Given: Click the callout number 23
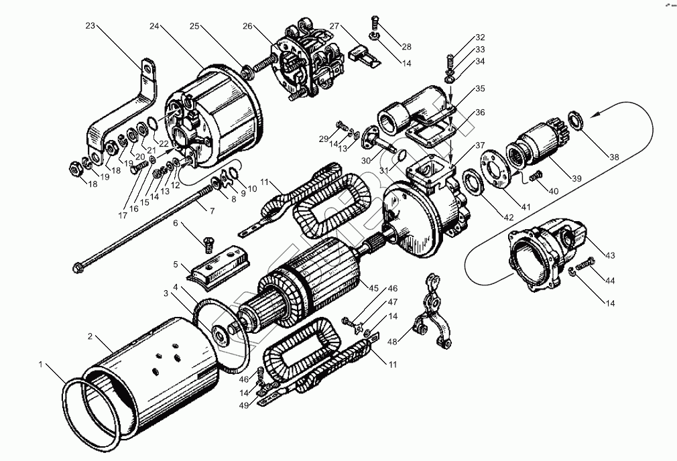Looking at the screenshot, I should [91, 26].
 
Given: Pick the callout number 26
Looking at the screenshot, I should [247, 26].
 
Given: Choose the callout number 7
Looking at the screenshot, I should [212, 211].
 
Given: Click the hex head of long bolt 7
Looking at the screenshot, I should [77, 269].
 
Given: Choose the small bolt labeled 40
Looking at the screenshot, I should [536, 176].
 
